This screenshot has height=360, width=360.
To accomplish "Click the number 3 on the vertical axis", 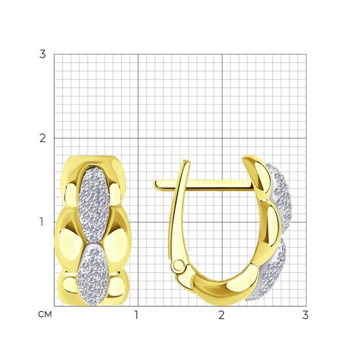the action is [x=42, y=54].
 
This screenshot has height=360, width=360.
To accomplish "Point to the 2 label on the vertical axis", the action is [x=42, y=138].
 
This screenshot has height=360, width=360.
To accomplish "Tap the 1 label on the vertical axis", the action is [x=42, y=222].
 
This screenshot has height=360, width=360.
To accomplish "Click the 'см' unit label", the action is [x=45, y=315].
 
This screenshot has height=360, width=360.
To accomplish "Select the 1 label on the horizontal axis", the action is [x=137, y=315].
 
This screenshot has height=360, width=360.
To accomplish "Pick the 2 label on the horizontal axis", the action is [x=221, y=315].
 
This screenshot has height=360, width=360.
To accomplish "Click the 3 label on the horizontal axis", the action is [x=305, y=315].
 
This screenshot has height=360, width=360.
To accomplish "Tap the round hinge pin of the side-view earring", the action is [x=179, y=266].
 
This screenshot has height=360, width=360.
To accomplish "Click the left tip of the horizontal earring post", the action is [x=154, y=184].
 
